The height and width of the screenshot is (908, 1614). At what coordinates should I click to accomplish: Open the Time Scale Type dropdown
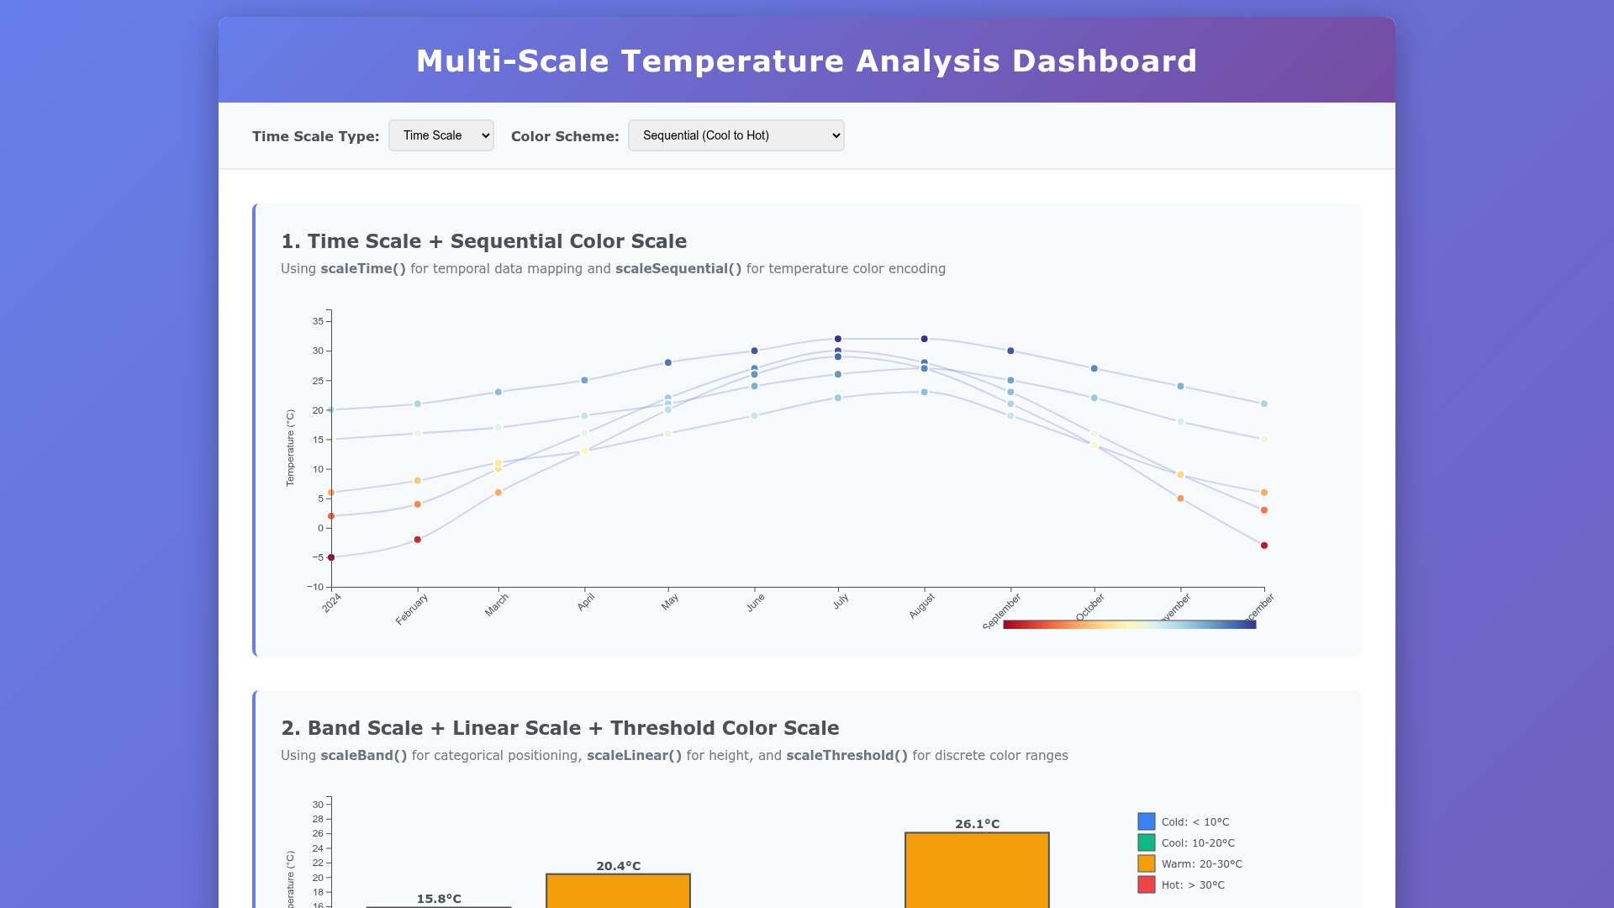pyautogui.click(x=440, y=135)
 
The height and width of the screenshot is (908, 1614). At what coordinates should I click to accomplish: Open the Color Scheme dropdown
pyautogui.click(x=736, y=135)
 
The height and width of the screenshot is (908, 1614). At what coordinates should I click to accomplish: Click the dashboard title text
pyautogui.click(x=806, y=61)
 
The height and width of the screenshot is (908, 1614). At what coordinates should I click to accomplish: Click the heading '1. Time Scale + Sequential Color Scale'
pyautogui.click(x=483, y=241)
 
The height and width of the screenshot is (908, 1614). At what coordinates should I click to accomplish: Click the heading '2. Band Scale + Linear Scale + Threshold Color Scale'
pyautogui.click(x=559, y=728)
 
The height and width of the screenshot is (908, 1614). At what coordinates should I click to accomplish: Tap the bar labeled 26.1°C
pyautogui.click(x=977, y=870)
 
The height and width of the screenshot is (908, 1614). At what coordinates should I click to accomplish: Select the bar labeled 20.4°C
pyautogui.click(x=618, y=890)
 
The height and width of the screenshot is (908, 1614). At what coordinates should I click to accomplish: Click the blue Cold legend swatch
pyautogui.click(x=1146, y=821)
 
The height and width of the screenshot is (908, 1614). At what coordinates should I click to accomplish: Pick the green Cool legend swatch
pyautogui.click(x=1146, y=842)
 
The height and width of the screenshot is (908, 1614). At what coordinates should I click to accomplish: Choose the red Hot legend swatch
pyautogui.click(x=1146, y=884)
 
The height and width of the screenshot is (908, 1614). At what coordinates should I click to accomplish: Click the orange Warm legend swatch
pyautogui.click(x=1146, y=863)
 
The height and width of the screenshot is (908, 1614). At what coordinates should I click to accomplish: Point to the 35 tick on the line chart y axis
pyautogui.click(x=318, y=321)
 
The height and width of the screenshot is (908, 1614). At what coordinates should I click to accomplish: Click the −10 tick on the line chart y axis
pyautogui.click(x=315, y=587)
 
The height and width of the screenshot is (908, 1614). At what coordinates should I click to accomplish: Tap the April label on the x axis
pyautogui.click(x=586, y=602)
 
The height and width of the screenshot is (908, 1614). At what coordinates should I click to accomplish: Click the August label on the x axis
pyautogui.click(x=921, y=605)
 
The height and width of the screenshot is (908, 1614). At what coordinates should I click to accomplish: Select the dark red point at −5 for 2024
pyautogui.click(x=331, y=557)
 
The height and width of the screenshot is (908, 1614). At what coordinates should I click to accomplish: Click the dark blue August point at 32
pyautogui.click(x=924, y=339)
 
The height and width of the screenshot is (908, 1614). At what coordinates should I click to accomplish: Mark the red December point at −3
pyautogui.click(x=1263, y=546)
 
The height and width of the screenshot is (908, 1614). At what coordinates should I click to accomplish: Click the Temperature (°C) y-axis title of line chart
pyautogui.click(x=290, y=448)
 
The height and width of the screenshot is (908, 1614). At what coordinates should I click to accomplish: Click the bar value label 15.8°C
pyautogui.click(x=439, y=899)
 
